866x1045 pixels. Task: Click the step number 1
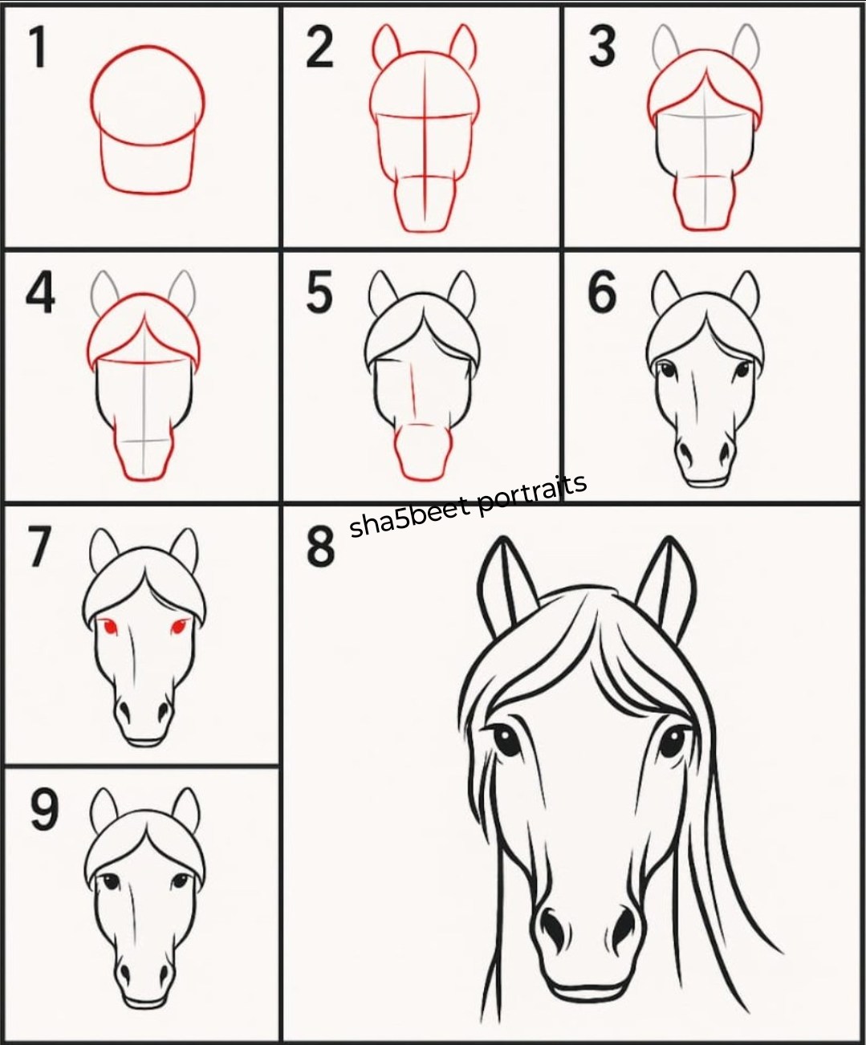tap(39, 47)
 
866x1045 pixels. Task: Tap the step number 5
tap(319, 293)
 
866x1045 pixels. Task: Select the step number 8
tap(320, 547)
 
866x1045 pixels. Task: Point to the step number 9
tap(44, 811)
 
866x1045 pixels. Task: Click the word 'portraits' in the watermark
tap(531, 497)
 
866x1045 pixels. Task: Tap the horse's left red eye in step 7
tap(110, 625)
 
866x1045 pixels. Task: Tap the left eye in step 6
tap(667, 372)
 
